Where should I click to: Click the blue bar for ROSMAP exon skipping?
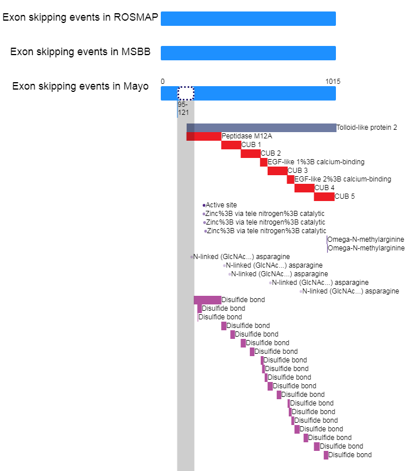248,18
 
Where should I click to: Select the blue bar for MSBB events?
248,53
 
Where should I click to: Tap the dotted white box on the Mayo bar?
185,93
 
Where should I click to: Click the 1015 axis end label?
332,82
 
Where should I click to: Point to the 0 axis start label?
163,82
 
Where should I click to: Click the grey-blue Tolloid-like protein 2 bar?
261,128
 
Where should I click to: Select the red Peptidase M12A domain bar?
204,136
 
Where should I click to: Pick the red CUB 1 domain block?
231,145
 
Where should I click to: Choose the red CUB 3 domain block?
277,171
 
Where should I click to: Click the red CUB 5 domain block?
324,196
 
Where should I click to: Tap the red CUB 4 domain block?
304,188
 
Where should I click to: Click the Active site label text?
221,205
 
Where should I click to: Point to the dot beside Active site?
204,205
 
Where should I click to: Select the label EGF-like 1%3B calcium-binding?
316,162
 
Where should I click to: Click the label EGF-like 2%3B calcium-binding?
343,179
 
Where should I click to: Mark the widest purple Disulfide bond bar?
207,300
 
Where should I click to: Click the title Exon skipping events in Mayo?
80,87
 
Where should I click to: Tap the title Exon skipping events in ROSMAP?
80,17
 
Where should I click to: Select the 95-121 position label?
183,109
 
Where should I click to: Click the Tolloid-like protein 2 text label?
367,128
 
